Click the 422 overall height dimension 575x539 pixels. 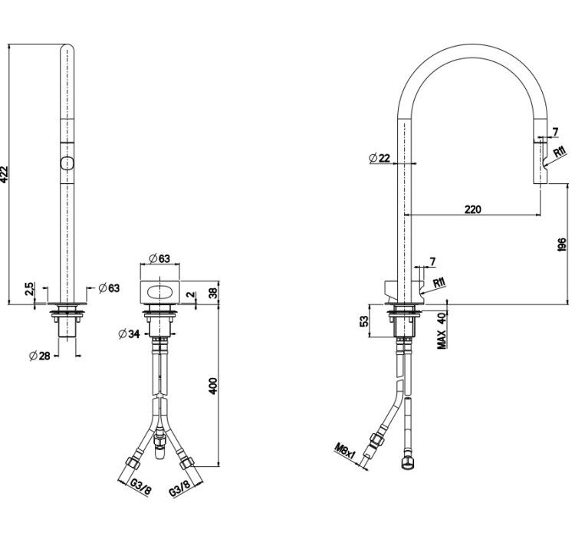pos(4,174)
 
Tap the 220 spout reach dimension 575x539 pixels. pos(473,209)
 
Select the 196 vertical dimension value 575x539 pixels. pos(562,245)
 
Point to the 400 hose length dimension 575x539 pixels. pos(213,386)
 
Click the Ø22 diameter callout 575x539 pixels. pos(379,158)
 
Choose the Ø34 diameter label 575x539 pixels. pos(129,334)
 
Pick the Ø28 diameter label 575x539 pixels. pos(40,356)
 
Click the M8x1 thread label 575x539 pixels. pos(345,452)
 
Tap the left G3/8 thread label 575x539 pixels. pos(140,487)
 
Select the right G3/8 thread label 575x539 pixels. pos(180,488)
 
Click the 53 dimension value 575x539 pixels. pos(363,321)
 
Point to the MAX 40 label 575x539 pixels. pos(442,330)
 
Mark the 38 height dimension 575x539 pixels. pos(213,293)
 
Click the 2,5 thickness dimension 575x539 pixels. pos(29,289)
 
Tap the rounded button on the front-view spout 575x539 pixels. pos(67,163)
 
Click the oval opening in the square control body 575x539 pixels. pos(159,292)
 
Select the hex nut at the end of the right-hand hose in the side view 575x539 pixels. pos(407,464)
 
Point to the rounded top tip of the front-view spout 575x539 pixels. pos(67,45)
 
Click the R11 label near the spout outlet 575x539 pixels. pos(560,151)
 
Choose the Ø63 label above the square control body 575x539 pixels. pos(159,258)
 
